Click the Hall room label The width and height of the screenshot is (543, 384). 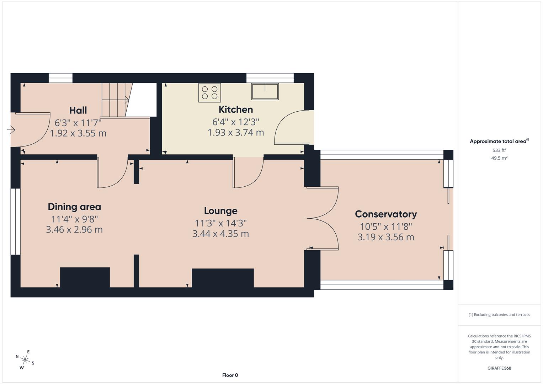pos(78,110)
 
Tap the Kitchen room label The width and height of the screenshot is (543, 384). pos(236,110)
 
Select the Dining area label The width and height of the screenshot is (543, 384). pos(74,207)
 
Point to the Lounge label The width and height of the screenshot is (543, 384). pos(220,211)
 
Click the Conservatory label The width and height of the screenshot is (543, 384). pos(386,214)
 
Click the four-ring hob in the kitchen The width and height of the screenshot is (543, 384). pos(210,92)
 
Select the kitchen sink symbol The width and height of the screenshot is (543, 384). pos(265,91)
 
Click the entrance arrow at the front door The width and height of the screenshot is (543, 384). pos(11,130)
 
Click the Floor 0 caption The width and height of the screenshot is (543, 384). pos(230,375)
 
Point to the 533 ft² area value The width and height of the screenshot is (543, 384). pos(499,150)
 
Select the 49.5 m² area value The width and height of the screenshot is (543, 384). pos(499,158)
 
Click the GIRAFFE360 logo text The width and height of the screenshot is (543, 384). pos(499,368)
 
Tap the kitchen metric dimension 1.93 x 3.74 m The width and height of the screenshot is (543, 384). pos(236,133)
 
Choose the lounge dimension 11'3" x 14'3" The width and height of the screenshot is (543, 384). pos(220,223)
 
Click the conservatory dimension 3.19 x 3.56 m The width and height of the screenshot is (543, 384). pos(386,237)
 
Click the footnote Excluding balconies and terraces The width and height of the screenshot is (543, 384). pos(499,315)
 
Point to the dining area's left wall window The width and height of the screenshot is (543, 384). pos(15,222)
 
